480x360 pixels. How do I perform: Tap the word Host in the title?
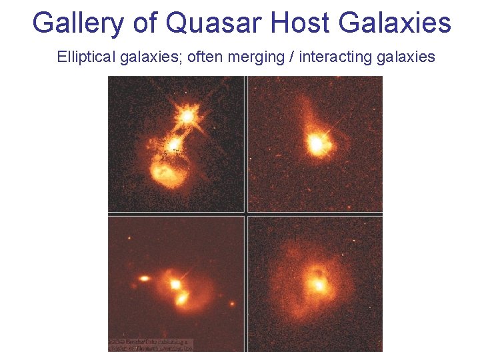(300, 23)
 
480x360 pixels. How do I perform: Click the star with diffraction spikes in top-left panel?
(187, 117)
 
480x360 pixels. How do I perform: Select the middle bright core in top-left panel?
(174, 143)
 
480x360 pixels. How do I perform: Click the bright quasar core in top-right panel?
(316, 144)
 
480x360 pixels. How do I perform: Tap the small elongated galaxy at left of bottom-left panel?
(143, 278)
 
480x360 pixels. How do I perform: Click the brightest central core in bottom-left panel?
(175, 285)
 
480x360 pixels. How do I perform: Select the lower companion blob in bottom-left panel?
(181, 299)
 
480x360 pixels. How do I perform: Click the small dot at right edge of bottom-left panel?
(232, 304)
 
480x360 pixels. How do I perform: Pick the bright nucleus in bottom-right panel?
(319, 285)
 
